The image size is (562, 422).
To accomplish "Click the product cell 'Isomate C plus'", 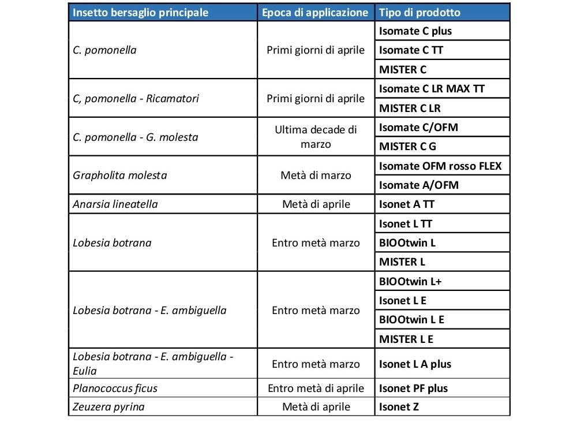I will click(415, 31).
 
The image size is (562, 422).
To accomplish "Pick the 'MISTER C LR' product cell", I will click(410, 108).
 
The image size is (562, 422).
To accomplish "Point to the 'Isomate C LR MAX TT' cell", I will click(432, 89).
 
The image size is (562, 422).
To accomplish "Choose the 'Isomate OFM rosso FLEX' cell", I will click(440, 166).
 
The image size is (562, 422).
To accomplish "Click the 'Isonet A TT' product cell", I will click(407, 204).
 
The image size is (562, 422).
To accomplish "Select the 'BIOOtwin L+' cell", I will click(411, 282).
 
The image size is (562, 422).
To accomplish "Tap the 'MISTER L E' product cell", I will click(406, 339).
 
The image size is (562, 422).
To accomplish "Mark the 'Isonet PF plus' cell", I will click(413, 388).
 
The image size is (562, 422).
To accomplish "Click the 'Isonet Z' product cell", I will click(399, 407).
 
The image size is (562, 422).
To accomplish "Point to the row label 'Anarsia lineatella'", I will click(115, 204).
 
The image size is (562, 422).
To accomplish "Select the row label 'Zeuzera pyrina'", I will click(108, 407).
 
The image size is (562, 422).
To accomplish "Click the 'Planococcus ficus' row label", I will click(115, 388).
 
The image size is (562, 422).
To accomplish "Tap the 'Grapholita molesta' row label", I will click(120, 175).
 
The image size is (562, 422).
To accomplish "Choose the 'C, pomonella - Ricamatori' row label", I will click(136, 98).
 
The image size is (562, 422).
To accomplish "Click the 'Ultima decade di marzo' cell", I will click(316, 137).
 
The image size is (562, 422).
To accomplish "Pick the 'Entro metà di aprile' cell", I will click(316, 388).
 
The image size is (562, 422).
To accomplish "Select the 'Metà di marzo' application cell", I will click(316, 175).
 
